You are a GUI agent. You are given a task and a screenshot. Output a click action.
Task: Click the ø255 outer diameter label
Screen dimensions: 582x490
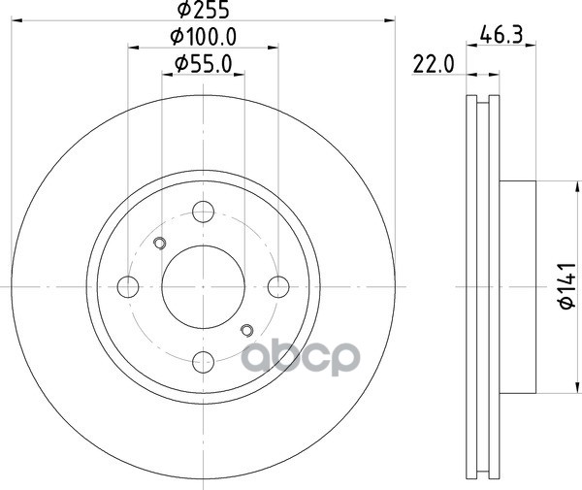click(x=203, y=10)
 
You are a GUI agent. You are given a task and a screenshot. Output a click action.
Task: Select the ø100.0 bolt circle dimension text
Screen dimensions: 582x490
click(x=203, y=37)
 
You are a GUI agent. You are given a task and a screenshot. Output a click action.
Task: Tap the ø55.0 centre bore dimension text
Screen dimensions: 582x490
click(x=203, y=63)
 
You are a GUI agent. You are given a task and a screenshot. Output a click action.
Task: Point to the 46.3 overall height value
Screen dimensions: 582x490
click(x=501, y=35)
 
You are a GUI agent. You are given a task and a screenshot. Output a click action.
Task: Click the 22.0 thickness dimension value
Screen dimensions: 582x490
click(x=434, y=65)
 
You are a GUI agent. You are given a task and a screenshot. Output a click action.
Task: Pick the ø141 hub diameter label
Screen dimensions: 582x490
click(x=567, y=285)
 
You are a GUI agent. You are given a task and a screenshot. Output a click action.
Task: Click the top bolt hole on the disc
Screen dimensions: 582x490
click(x=203, y=212)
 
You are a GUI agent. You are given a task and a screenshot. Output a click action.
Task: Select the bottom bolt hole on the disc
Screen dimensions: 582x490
click(x=204, y=362)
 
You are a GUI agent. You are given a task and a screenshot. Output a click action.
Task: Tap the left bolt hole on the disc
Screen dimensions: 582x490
click(x=128, y=287)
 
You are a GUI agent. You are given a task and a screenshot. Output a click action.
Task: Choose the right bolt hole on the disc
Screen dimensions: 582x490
click(x=278, y=287)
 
